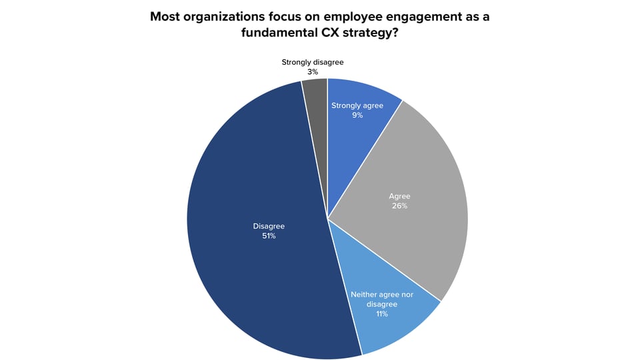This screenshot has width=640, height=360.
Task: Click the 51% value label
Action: (x=269, y=236)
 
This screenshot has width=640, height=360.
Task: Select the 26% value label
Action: (x=399, y=206)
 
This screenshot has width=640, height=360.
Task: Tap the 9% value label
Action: (x=357, y=115)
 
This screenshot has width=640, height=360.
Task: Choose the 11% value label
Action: (x=381, y=314)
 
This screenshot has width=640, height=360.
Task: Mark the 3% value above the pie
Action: (x=312, y=71)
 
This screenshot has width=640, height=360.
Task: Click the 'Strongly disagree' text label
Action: (x=312, y=62)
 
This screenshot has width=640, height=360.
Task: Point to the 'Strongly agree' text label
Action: (x=357, y=105)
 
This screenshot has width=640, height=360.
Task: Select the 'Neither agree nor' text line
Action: (x=381, y=294)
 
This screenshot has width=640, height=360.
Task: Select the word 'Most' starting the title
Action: (x=166, y=17)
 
